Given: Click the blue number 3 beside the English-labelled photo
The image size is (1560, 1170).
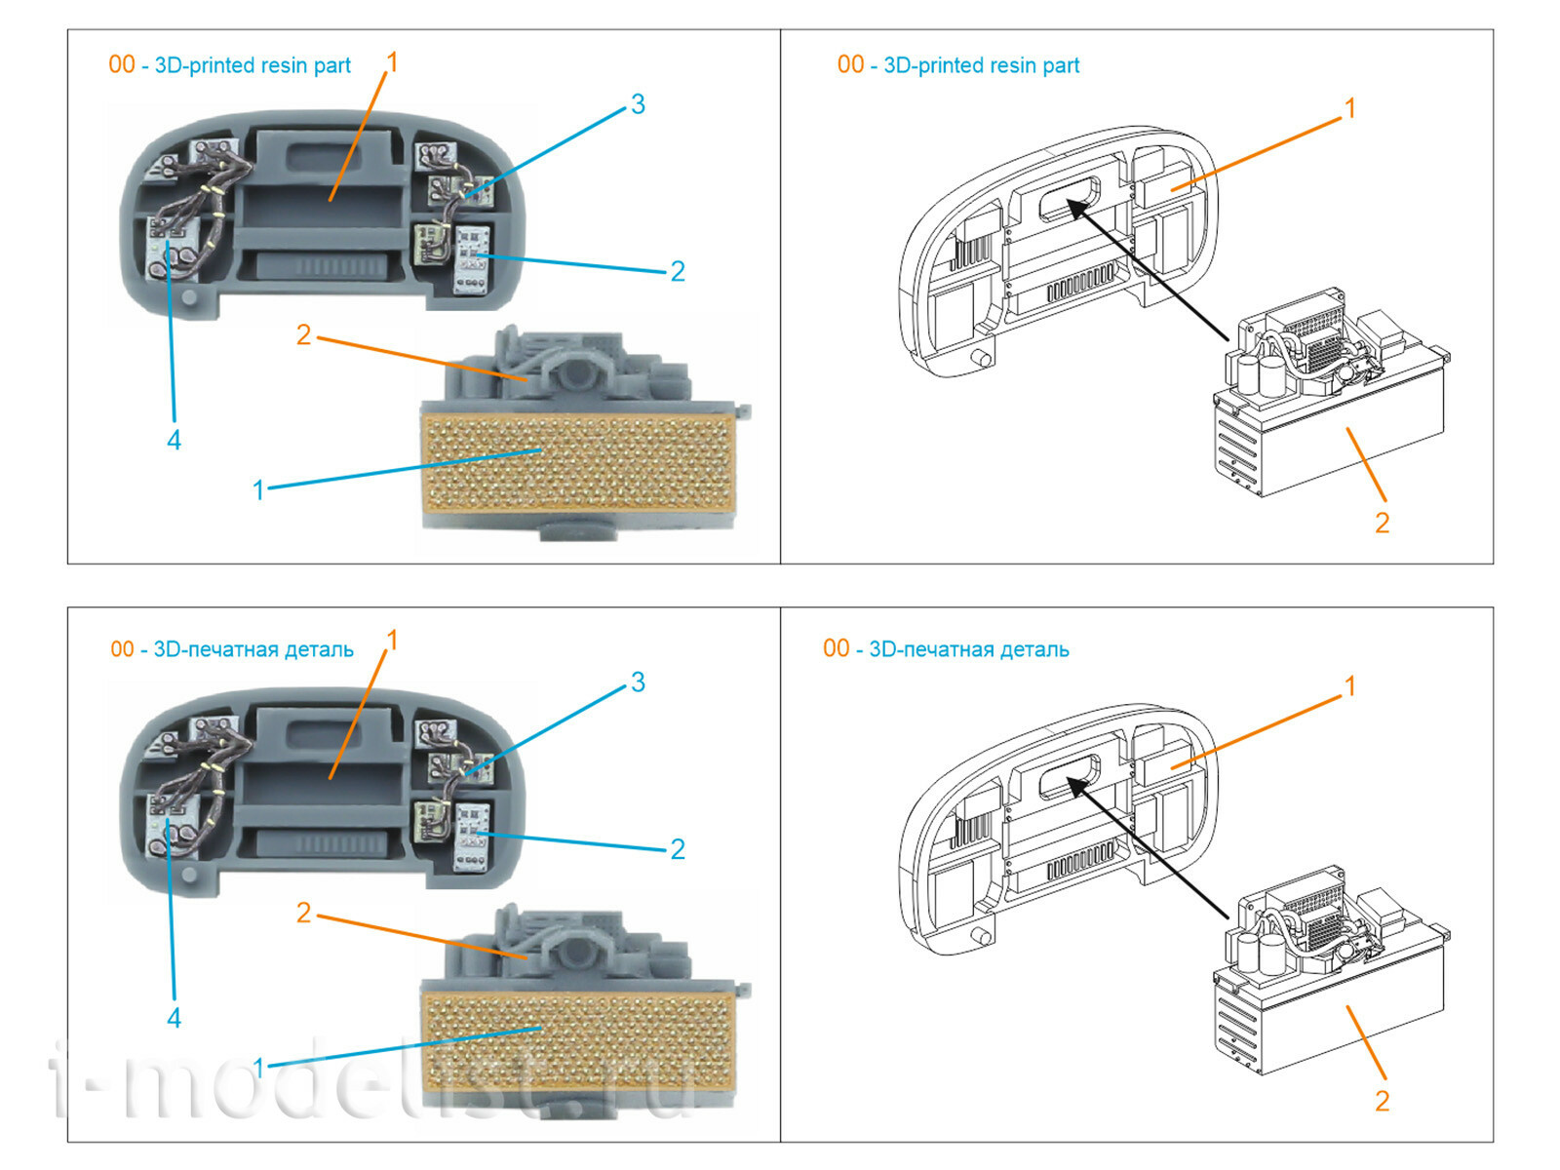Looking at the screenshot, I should [x=638, y=104].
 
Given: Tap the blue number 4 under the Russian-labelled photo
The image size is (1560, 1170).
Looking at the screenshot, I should [x=174, y=1018].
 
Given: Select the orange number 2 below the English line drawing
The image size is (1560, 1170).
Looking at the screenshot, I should [x=1382, y=523].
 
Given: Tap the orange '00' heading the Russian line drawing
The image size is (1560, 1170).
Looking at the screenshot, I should [x=836, y=648].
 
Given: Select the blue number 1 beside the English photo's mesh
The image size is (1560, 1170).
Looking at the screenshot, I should [x=258, y=489].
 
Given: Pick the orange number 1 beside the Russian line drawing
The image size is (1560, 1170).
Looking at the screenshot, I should [x=1350, y=686].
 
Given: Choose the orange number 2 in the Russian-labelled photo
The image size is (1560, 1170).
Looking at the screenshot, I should [x=303, y=913].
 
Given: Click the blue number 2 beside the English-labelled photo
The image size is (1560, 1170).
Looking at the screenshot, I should [x=678, y=271].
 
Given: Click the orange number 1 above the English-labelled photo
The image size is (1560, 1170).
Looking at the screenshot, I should [x=392, y=62].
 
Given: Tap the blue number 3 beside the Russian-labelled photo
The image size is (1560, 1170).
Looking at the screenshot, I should [x=638, y=682].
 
